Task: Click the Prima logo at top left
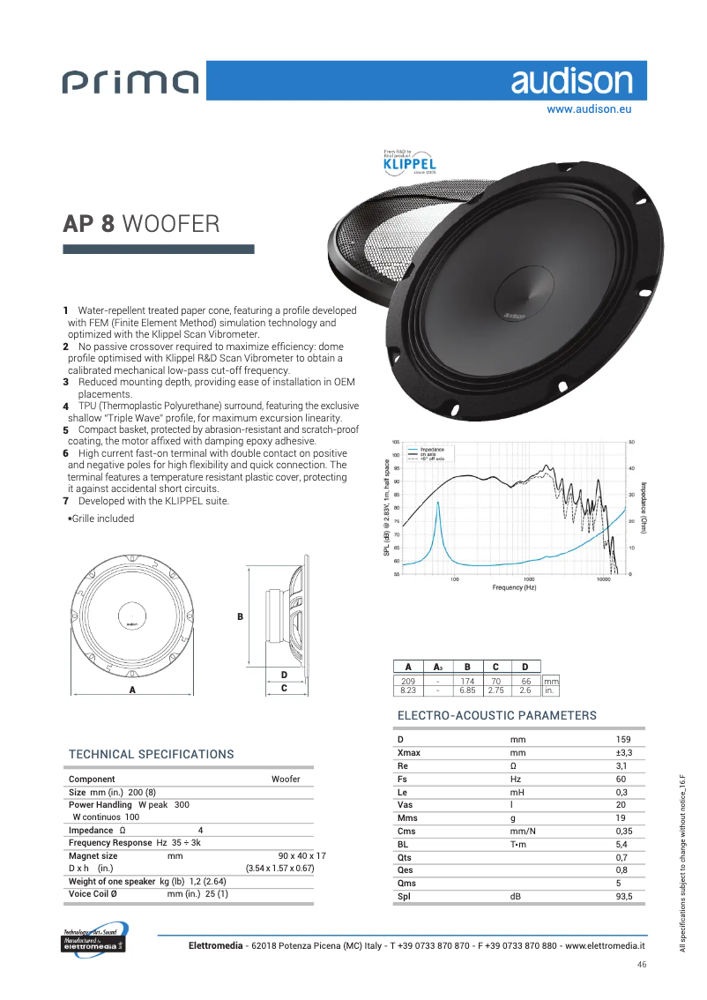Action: click(131, 83)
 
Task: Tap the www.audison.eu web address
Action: click(589, 110)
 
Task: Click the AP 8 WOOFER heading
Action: click(141, 223)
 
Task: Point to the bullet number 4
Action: click(66, 406)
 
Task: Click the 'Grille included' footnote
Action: click(102, 519)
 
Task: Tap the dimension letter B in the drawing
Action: click(240, 616)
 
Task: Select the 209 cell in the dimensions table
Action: click(408, 682)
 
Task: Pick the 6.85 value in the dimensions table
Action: click(467, 690)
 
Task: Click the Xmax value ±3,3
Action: click(624, 753)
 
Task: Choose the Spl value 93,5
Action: click(624, 897)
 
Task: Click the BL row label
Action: click(403, 843)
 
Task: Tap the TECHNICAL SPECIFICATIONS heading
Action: click(152, 755)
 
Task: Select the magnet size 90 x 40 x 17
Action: click(301, 856)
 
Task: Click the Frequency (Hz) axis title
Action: click(513, 587)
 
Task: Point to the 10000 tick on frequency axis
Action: click(603, 579)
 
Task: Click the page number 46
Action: click(642, 966)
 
